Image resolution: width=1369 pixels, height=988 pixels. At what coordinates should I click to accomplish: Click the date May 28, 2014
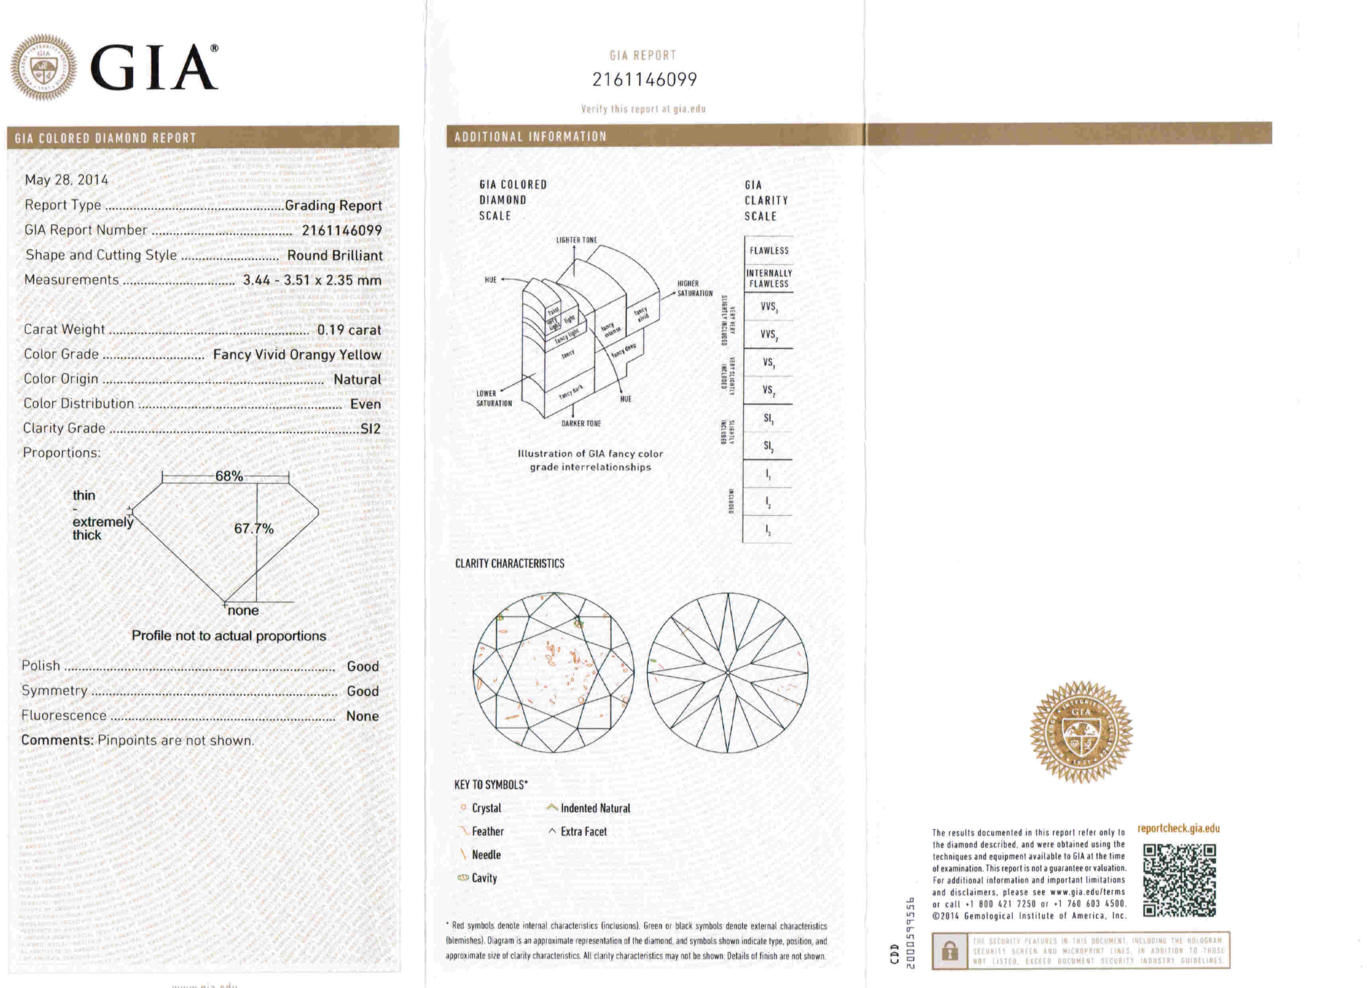point(67,180)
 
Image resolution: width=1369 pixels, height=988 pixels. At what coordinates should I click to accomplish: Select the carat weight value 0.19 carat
point(349,330)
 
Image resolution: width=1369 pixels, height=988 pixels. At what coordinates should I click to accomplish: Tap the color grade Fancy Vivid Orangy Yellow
point(297,355)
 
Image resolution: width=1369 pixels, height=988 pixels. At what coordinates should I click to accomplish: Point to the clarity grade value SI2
point(370,429)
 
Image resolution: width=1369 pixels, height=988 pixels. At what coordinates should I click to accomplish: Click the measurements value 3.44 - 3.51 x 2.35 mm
point(312,280)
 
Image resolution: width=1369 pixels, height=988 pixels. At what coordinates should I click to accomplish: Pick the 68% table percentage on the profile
point(229,476)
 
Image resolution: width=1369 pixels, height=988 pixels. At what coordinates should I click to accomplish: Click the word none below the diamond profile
point(243,611)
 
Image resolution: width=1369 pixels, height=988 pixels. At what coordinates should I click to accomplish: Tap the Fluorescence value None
point(362,716)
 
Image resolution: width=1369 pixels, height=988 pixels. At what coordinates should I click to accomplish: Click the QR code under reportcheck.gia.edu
point(1179,880)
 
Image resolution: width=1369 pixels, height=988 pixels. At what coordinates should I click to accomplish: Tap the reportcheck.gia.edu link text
point(1178,829)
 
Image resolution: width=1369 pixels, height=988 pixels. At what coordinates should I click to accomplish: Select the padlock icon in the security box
point(950,952)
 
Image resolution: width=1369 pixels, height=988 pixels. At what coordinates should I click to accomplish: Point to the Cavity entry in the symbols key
point(484,878)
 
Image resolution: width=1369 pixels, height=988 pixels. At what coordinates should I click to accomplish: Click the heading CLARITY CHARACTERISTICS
point(509,563)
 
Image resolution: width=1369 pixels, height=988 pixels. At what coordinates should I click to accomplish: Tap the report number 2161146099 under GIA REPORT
point(644,80)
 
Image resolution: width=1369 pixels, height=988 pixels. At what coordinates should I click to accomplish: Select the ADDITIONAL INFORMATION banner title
point(530,137)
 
